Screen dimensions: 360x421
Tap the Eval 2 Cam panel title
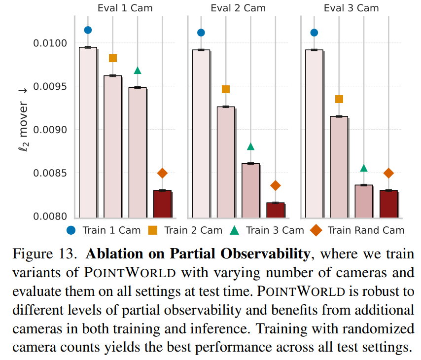(238, 8)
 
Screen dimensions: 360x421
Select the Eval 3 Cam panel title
(351, 8)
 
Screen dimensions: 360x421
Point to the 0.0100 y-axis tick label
(50, 43)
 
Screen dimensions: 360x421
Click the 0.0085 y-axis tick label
(50, 174)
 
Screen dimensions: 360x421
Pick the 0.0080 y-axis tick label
(50, 216)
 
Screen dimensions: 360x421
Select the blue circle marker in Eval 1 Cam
(88, 30)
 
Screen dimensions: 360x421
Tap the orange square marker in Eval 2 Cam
(226, 89)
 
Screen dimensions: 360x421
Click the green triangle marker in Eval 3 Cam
(364, 168)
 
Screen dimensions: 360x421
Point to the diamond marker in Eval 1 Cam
(162, 173)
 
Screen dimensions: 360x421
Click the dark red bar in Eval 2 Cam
(276, 210)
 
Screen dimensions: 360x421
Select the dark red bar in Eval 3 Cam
(388, 204)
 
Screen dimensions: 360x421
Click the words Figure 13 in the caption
(45, 254)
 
